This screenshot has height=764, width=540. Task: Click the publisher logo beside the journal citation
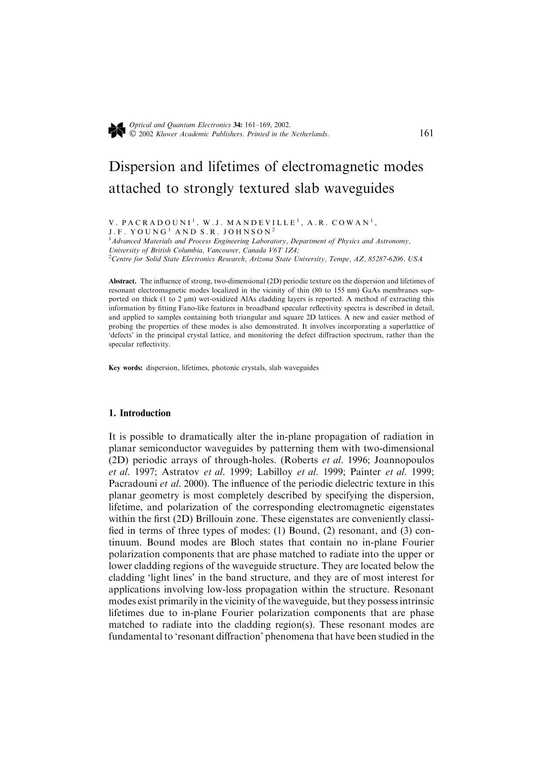point(117,130)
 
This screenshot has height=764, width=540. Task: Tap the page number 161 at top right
point(426,133)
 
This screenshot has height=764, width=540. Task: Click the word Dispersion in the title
point(142,167)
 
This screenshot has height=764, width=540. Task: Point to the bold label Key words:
point(126,368)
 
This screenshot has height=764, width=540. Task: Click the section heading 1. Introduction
point(139,413)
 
